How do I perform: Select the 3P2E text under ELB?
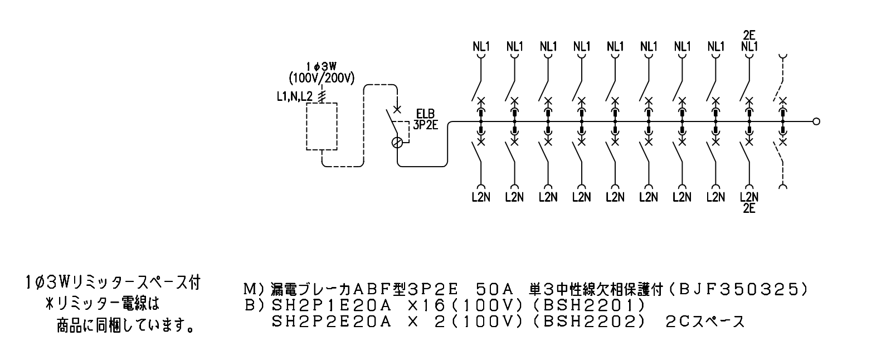(426, 125)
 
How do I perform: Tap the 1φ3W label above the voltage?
(321, 67)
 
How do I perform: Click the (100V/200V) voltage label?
(322, 78)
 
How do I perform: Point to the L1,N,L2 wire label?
(295, 96)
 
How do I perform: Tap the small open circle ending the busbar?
(816, 121)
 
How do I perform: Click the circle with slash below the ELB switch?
(397, 143)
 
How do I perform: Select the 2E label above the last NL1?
(749, 35)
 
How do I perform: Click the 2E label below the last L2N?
(749, 208)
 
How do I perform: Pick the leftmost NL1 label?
(481, 46)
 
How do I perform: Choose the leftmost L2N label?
(481, 197)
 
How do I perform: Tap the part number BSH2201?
(589, 305)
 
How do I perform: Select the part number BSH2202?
(589, 322)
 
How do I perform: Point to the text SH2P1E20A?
(332, 305)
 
